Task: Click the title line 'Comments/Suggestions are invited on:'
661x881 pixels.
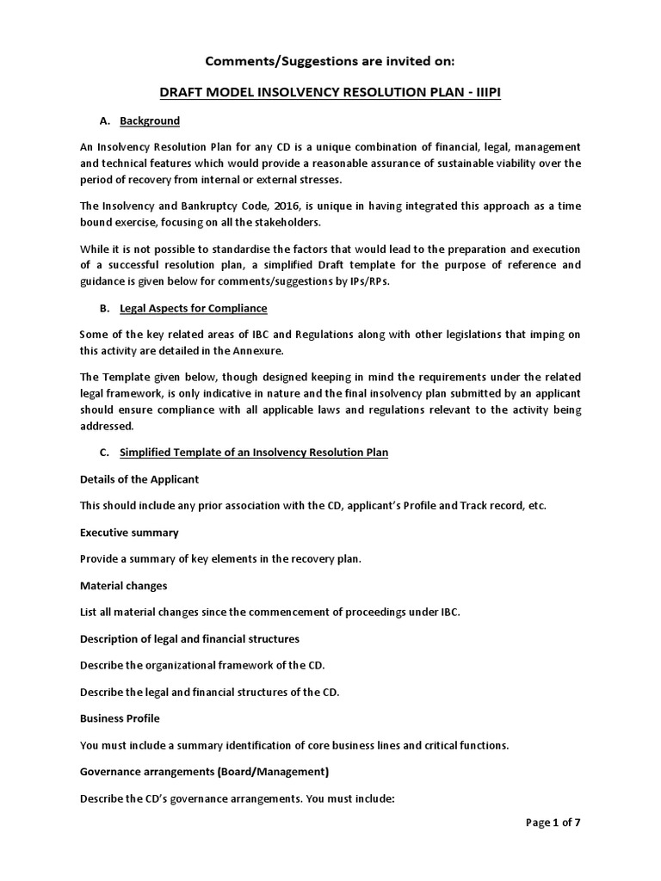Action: tap(330, 61)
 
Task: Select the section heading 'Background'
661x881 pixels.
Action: tap(150, 121)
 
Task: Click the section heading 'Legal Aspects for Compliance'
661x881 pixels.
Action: tap(194, 308)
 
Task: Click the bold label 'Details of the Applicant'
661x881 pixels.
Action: tap(139, 478)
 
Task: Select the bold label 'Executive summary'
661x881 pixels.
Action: tap(129, 533)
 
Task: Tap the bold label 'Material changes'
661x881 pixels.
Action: tap(123, 586)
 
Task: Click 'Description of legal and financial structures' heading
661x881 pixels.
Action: tap(189, 638)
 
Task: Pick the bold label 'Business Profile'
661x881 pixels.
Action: tap(120, 718)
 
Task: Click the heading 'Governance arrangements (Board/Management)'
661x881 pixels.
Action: tap(204, 772)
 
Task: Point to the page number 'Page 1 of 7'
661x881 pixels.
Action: tap(553, 822)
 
